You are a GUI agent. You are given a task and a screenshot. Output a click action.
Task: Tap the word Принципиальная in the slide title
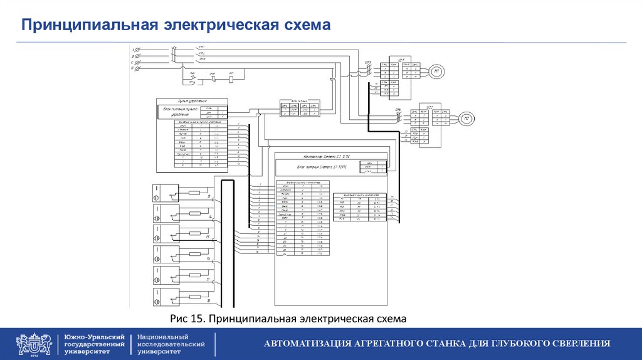coord(88,25)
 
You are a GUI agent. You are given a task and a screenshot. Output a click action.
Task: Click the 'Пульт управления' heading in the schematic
coord(192,100)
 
